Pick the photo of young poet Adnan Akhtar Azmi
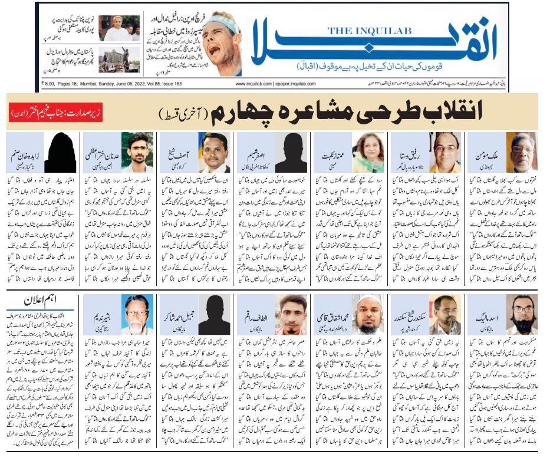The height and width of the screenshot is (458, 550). pyautogui.click(x=136, y=152)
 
